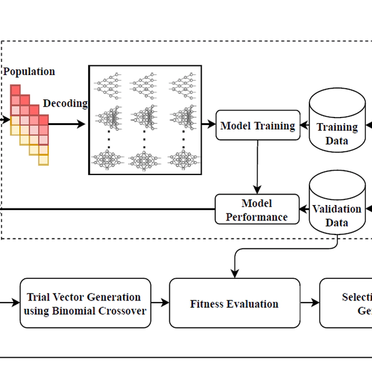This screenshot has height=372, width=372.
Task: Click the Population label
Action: [29, 72]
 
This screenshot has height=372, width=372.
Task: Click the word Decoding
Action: [65, 103]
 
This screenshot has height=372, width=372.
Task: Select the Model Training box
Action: [258, 126]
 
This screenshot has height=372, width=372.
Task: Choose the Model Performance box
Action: [257, 210]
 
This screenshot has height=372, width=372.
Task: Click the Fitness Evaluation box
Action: [234, 303]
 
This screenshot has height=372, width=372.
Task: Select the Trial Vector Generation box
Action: [85, 303]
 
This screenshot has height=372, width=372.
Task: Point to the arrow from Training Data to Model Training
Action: [304, 126]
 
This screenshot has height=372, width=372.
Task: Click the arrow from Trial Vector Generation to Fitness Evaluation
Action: [160, 303]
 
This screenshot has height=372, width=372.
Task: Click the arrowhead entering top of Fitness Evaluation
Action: [235, 274]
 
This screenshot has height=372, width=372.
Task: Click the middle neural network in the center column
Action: [145, 118]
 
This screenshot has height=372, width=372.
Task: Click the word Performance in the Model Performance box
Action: [257, 216]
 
